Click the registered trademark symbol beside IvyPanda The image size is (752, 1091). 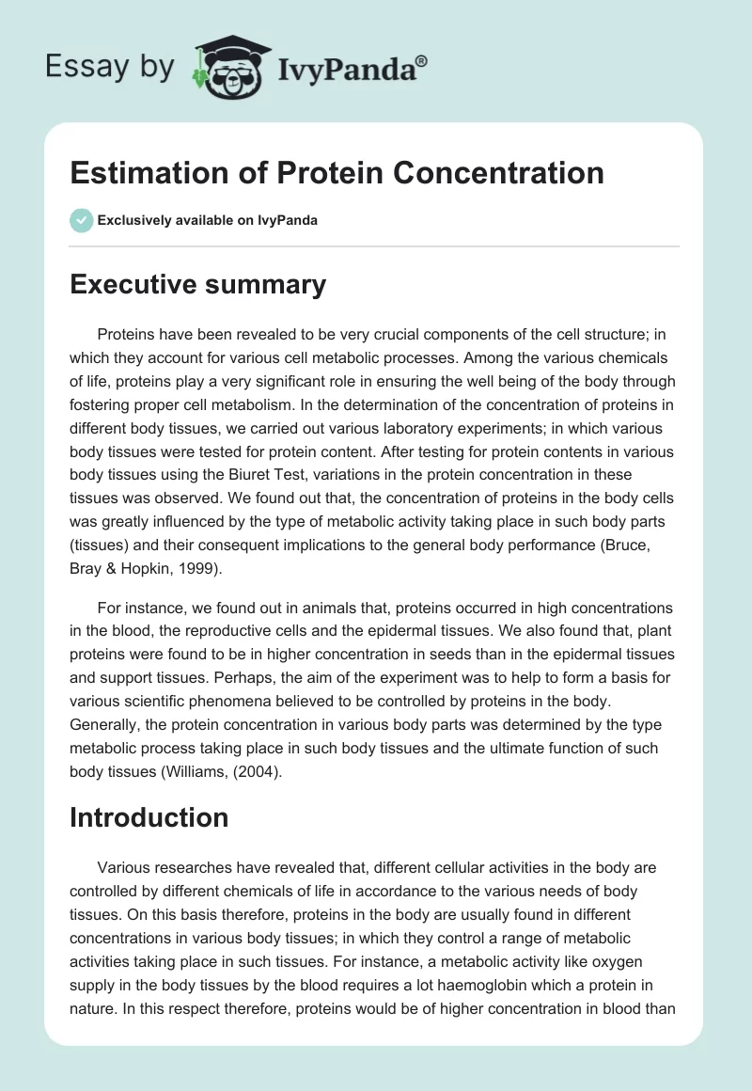(x=422, y=60)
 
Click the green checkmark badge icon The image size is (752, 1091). (x=81, y=220)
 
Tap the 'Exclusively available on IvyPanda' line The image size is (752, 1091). (x=207, y=220)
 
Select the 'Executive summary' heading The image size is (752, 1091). (x=197, y=284)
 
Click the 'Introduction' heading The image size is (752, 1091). (x=149, y=817)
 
